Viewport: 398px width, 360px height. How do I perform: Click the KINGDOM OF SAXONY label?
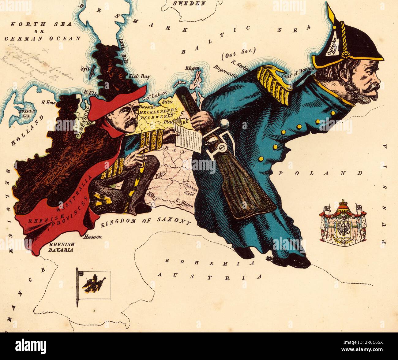click(146, 222)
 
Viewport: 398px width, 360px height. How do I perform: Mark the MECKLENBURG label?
click(156, 112)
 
